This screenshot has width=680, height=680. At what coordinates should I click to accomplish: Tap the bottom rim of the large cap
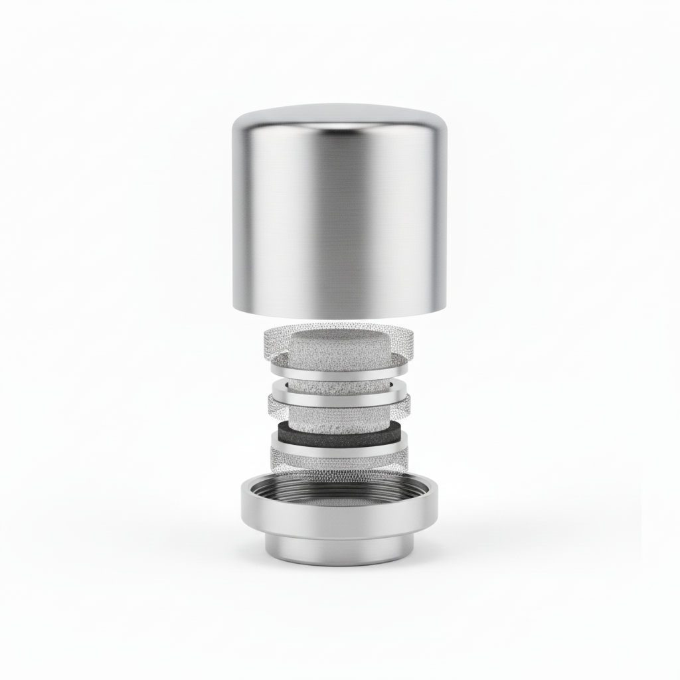click(339, 311)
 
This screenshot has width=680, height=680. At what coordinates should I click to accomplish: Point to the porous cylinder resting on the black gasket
click(339, 418)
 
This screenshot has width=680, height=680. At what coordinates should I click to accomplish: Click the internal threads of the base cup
click(339, 485)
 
